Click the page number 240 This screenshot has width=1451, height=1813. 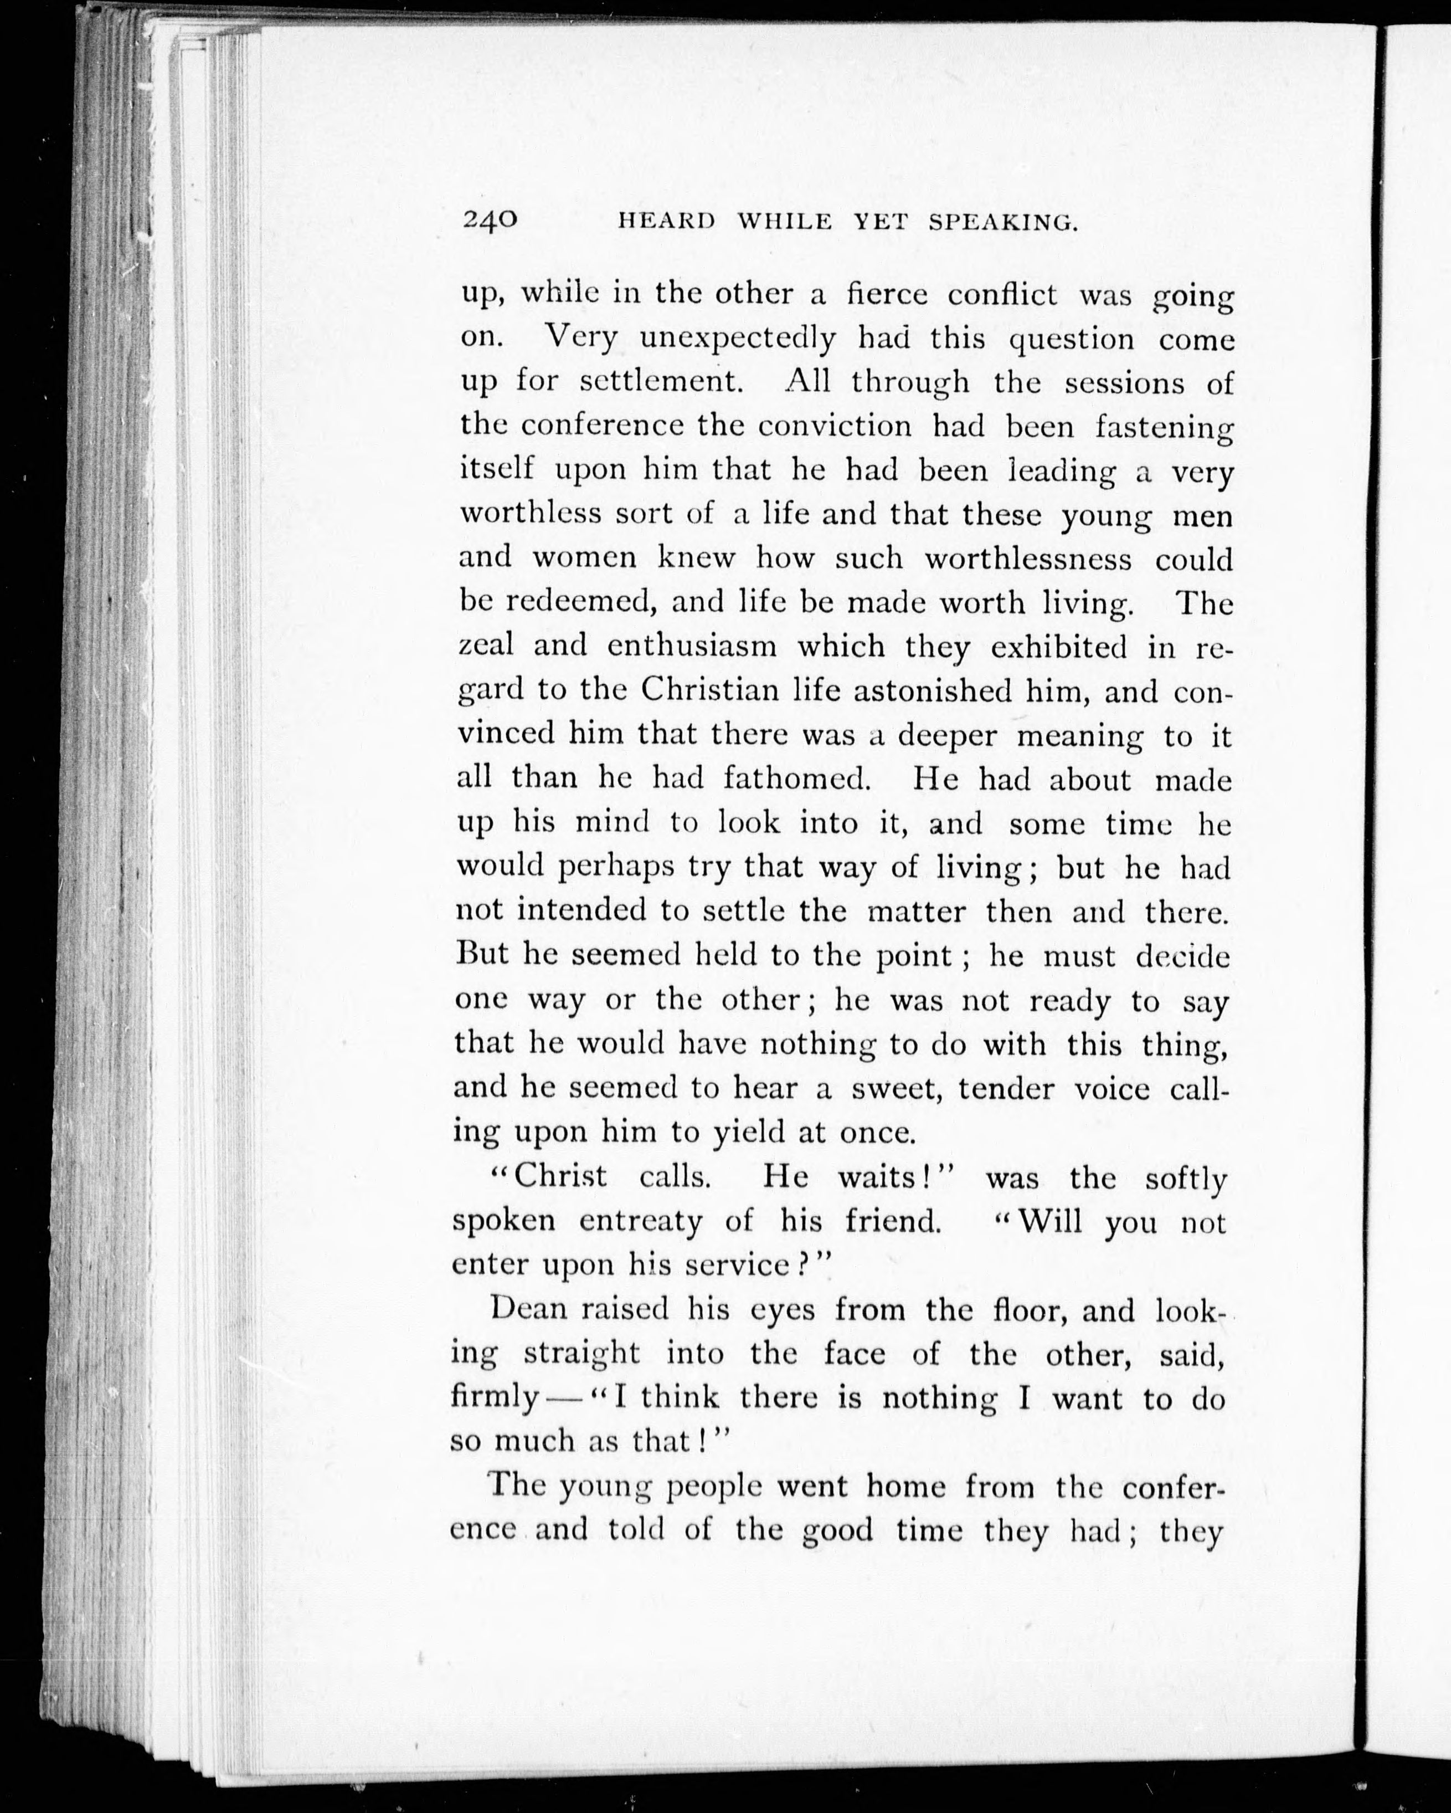pos(489,221)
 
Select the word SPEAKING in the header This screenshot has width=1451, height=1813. pos(1004,223)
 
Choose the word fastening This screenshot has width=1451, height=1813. pos(1164,428)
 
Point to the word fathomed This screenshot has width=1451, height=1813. pos(796,778)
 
